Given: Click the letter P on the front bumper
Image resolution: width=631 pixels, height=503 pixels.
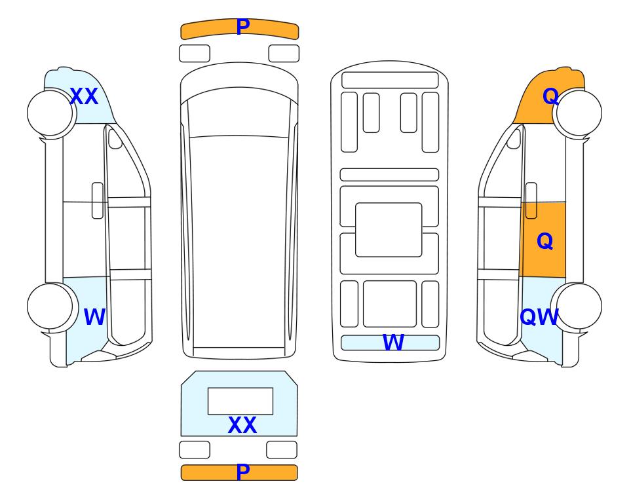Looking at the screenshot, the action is pos(243,27).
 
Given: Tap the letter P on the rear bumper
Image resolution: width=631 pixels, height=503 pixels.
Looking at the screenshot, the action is pos(243,472).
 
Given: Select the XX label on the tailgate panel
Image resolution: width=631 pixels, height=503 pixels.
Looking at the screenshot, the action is pos(242,425).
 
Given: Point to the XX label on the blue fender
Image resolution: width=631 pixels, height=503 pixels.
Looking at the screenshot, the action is pos(84,96).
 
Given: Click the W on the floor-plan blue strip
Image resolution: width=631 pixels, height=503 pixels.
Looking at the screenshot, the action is pos(393,343).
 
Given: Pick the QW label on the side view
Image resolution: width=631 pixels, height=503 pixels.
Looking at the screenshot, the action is pos(539,317).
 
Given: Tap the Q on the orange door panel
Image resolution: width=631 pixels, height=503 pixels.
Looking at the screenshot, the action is pos(545,242).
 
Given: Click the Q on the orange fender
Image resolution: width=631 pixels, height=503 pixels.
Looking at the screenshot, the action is pos(550,96).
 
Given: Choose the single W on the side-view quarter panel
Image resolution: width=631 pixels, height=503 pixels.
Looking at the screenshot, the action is pos(94,317).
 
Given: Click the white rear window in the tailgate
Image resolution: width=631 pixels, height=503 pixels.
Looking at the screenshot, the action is pos(240,401).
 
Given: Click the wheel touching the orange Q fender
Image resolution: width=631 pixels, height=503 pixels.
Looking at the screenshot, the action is pos(579,113).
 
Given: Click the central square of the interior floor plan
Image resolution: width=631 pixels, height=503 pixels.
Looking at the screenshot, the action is pos(389,230).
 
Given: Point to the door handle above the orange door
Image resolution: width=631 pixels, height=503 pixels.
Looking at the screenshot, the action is pos(531,200).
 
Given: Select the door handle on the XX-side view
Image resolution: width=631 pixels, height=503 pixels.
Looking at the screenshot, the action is pos(98,200).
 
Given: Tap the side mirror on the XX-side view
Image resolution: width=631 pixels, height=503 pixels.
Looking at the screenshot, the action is pos(115,139).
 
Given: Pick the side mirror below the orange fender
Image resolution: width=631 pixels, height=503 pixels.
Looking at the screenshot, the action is pos(514,139).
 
